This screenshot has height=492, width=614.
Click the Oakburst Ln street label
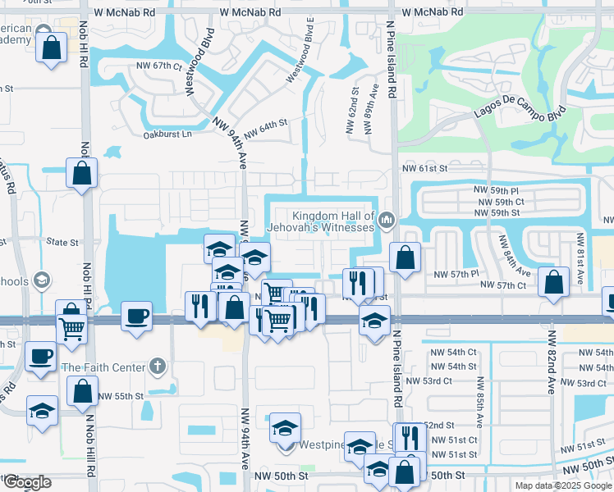pyautogui.click(x=167, y=134)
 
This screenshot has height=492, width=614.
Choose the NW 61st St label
pyautogui.click(x=425, y=168)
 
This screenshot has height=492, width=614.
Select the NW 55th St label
pyautogui.click(x=121, y=396)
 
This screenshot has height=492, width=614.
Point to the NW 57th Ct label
pyautogui.click(x=503, y=285)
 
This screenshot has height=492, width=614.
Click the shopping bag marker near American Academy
pyautogui.click(x=52, y=47)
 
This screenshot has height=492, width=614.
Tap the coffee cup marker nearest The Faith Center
pyautogui.click(x=40, y=356)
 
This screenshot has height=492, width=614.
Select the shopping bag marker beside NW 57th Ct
pyautogui.click(x=555, y=281)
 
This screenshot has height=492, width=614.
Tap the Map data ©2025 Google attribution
pyautogui.click(x=563, y=485)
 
